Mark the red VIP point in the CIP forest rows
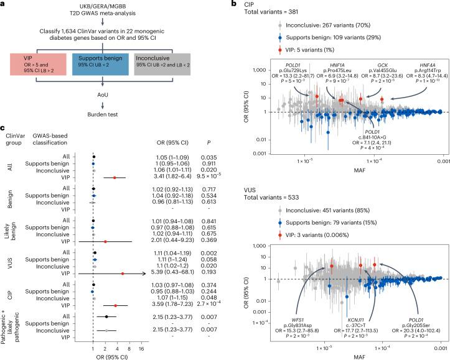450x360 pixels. point(115,305)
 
